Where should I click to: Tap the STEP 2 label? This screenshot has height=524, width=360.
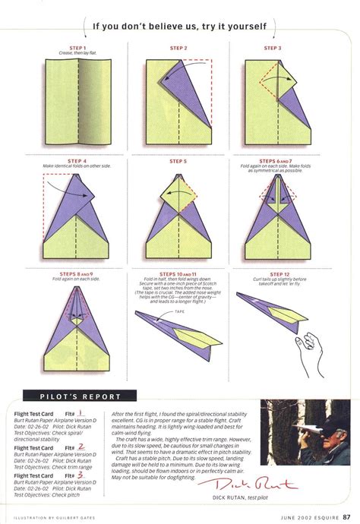tap(179, 48)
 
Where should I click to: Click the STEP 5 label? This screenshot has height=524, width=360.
tap(179, 161)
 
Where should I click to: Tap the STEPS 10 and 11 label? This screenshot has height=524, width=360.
tap(179, 273)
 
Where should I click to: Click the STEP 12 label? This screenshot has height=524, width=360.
tap(277, 273)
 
